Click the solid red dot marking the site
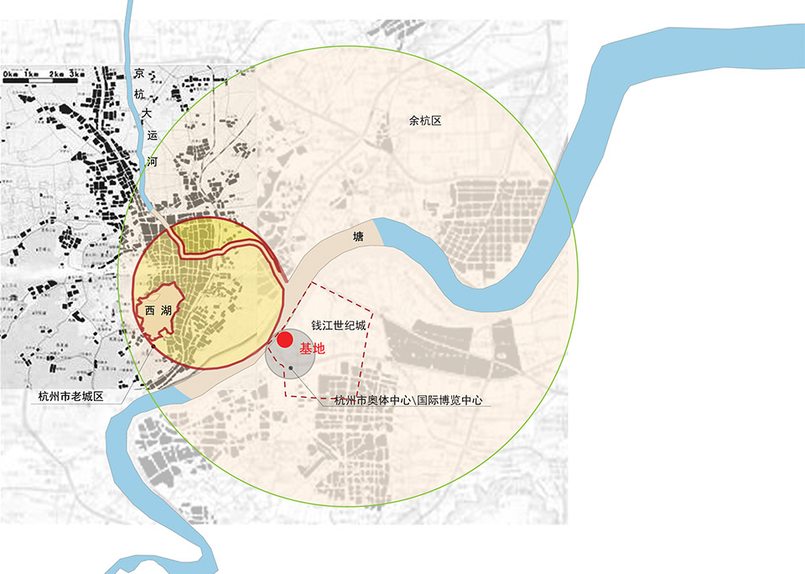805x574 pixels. [x=286, y=340]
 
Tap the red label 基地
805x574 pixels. [x=311, y=347]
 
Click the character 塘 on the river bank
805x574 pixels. [x=358, y=238]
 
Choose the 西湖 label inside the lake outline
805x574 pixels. [x=157, y=310]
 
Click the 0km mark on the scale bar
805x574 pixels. [x=11, y=75]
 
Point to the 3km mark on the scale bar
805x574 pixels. [x=77, y=75]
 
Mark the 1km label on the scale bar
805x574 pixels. [x=34, y=75]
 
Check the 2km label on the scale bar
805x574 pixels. [x=56, y=75]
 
